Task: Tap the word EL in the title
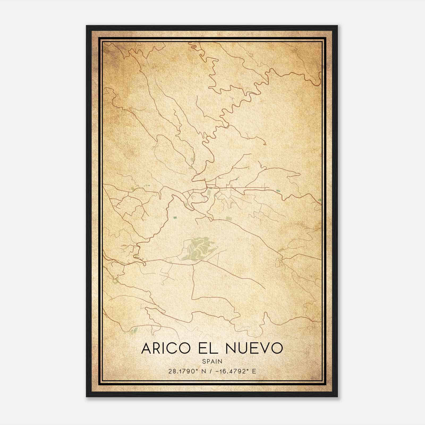[209, 348]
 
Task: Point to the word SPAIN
[212, 361]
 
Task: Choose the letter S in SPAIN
[204, 361]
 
